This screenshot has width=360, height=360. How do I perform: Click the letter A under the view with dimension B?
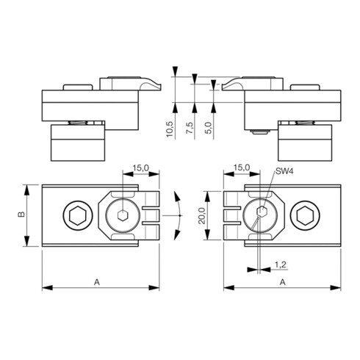point(98,281)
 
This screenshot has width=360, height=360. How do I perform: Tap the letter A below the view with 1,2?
point(284,281)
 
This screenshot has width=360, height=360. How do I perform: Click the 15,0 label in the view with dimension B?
point(142,169)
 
